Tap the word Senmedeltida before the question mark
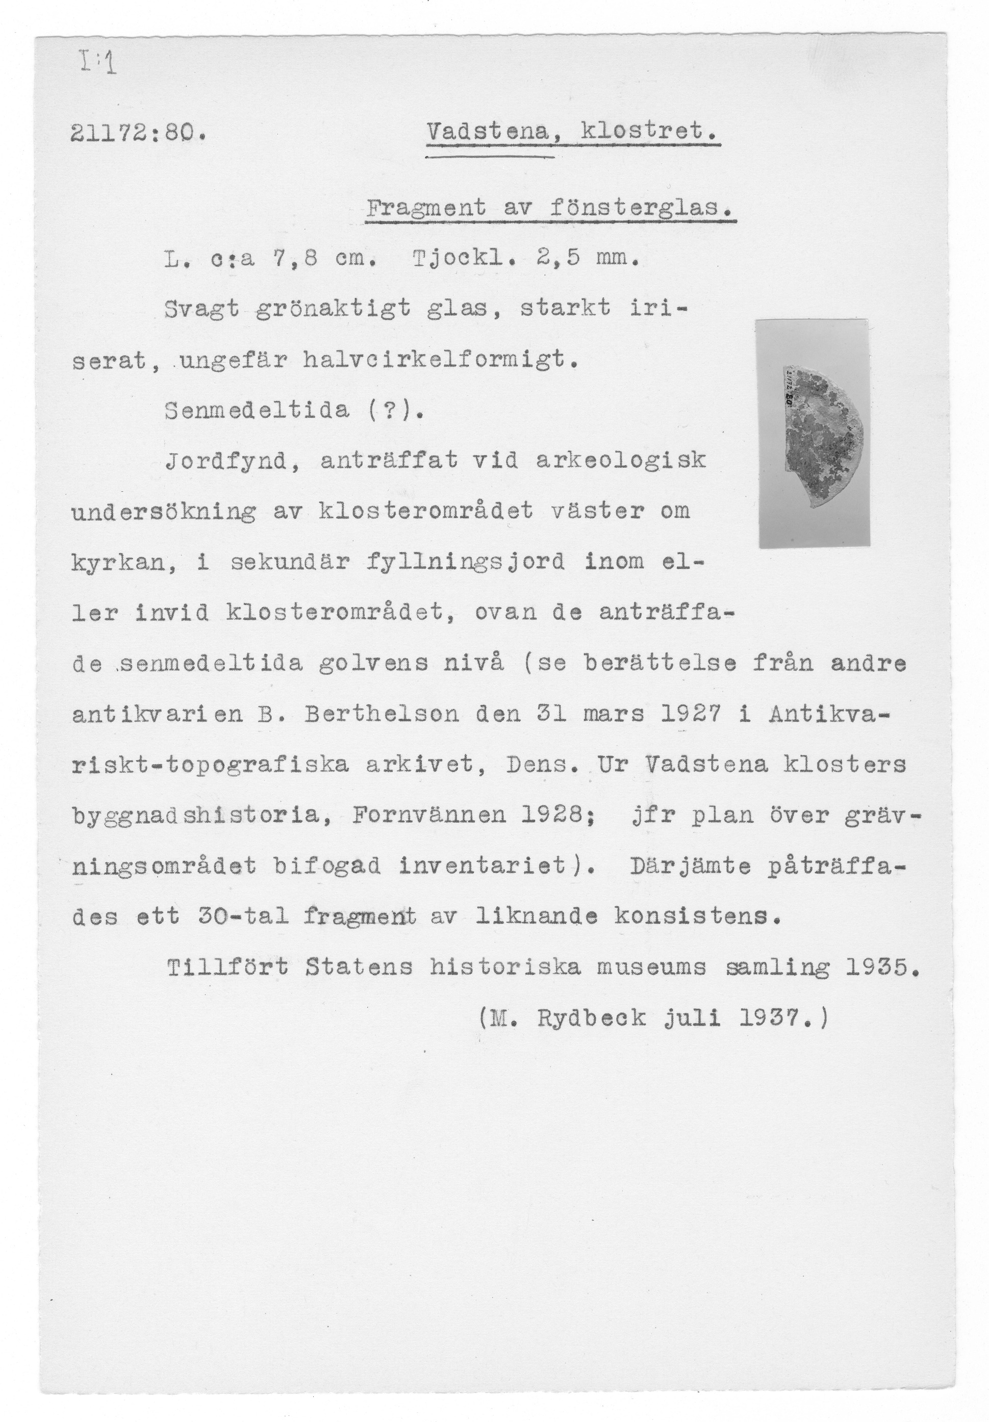[257, 410]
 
